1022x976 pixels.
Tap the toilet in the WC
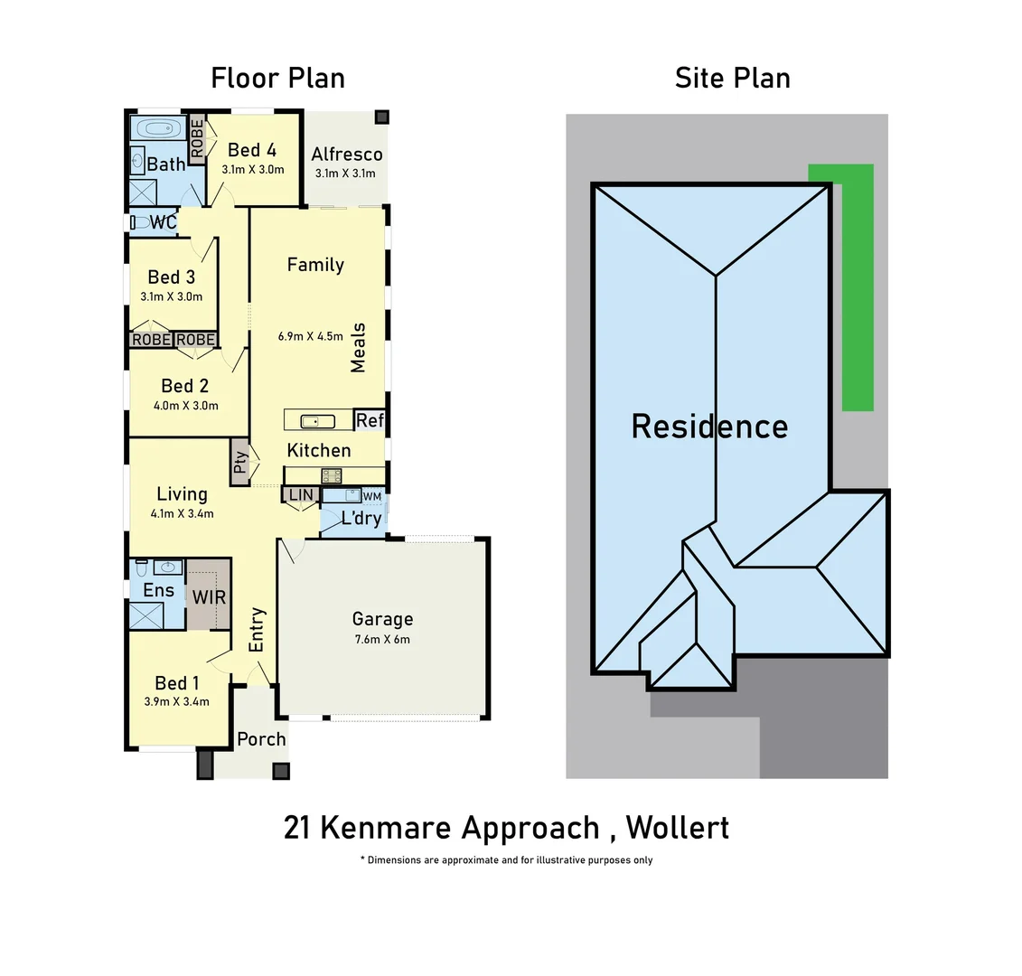139,221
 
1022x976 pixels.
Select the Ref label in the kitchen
370,420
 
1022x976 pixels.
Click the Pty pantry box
240,463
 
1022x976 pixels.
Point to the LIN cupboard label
301,494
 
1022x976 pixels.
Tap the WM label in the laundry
371,496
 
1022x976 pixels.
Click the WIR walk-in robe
209,596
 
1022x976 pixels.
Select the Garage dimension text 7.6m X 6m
382,640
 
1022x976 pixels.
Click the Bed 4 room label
252,150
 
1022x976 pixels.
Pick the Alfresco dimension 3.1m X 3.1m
345,174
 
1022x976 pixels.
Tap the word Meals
359,348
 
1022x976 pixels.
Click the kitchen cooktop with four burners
331,475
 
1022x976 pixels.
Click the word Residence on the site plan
709,426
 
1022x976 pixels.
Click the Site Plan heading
732,78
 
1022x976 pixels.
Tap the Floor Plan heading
277,78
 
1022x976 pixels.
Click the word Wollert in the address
677,827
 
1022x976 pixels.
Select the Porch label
261,739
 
